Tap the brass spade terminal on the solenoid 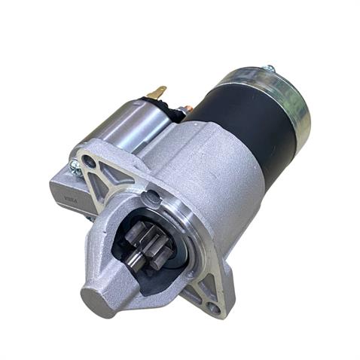click(156, 94)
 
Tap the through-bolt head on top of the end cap click(270, 69)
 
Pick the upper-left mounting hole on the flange click(90, 160)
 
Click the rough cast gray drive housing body click(218, 188)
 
